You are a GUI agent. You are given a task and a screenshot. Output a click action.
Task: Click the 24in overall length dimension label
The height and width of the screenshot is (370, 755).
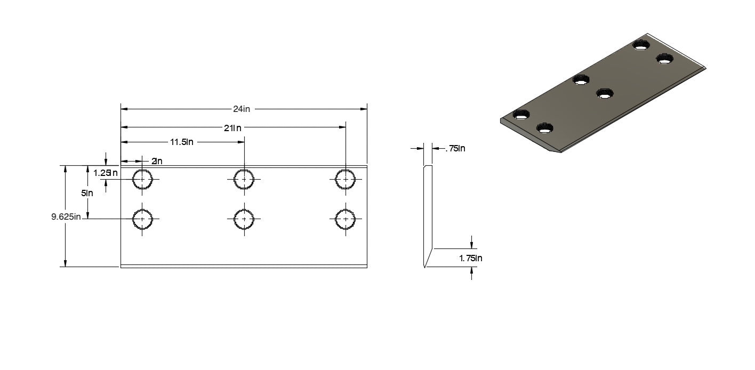[242, 109]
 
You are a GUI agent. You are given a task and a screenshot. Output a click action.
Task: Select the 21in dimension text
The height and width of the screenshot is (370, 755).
[233, 128]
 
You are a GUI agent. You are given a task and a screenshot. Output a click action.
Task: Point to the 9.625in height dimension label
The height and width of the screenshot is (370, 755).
[66, 216]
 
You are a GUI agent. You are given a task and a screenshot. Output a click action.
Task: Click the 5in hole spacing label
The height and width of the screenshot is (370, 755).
[87, 193]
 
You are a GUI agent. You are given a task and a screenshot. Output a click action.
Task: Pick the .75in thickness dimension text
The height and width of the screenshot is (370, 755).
[455, 149]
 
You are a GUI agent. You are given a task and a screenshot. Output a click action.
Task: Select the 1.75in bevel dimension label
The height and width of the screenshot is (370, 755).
[470, 259]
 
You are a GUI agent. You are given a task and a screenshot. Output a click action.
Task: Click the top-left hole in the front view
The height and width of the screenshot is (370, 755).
[142, 180]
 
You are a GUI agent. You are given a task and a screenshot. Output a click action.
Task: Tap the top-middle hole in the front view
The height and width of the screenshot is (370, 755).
[244, 180]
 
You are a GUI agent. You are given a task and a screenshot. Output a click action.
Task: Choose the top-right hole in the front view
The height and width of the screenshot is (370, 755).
[346, 180]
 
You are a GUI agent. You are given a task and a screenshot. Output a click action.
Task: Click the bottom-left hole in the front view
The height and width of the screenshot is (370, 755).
[142, 219]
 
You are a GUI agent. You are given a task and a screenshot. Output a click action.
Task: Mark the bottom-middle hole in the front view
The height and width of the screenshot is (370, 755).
[244, 219]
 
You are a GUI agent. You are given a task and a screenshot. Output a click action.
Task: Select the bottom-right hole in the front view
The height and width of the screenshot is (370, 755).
[346, 219]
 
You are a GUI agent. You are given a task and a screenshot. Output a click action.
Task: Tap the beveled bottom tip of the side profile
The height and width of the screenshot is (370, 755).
[424, 267]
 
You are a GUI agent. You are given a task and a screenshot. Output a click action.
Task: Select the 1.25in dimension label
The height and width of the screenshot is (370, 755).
[105, 173]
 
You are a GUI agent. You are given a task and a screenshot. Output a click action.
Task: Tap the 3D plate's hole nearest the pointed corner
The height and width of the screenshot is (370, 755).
[545, 129]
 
